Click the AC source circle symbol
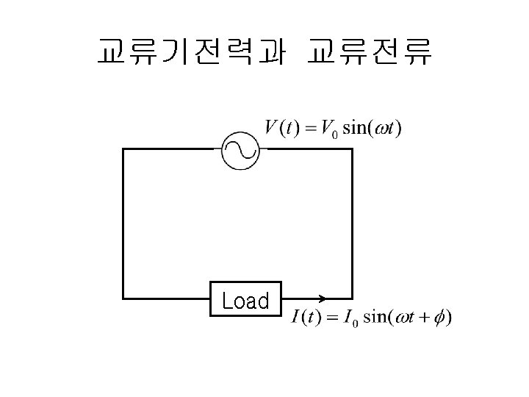click(240, 149)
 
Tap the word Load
click(245, 301)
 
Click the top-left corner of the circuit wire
click(123, 149)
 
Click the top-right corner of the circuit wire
click(352, 149)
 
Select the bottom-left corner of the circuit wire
click(123, 298)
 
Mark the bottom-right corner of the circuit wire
click(352, 298)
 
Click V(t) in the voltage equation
click(281, 128)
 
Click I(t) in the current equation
click(305, 318)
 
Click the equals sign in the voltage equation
click(309, 129)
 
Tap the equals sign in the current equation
click(331, 318)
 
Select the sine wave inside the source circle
click(240, 149)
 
